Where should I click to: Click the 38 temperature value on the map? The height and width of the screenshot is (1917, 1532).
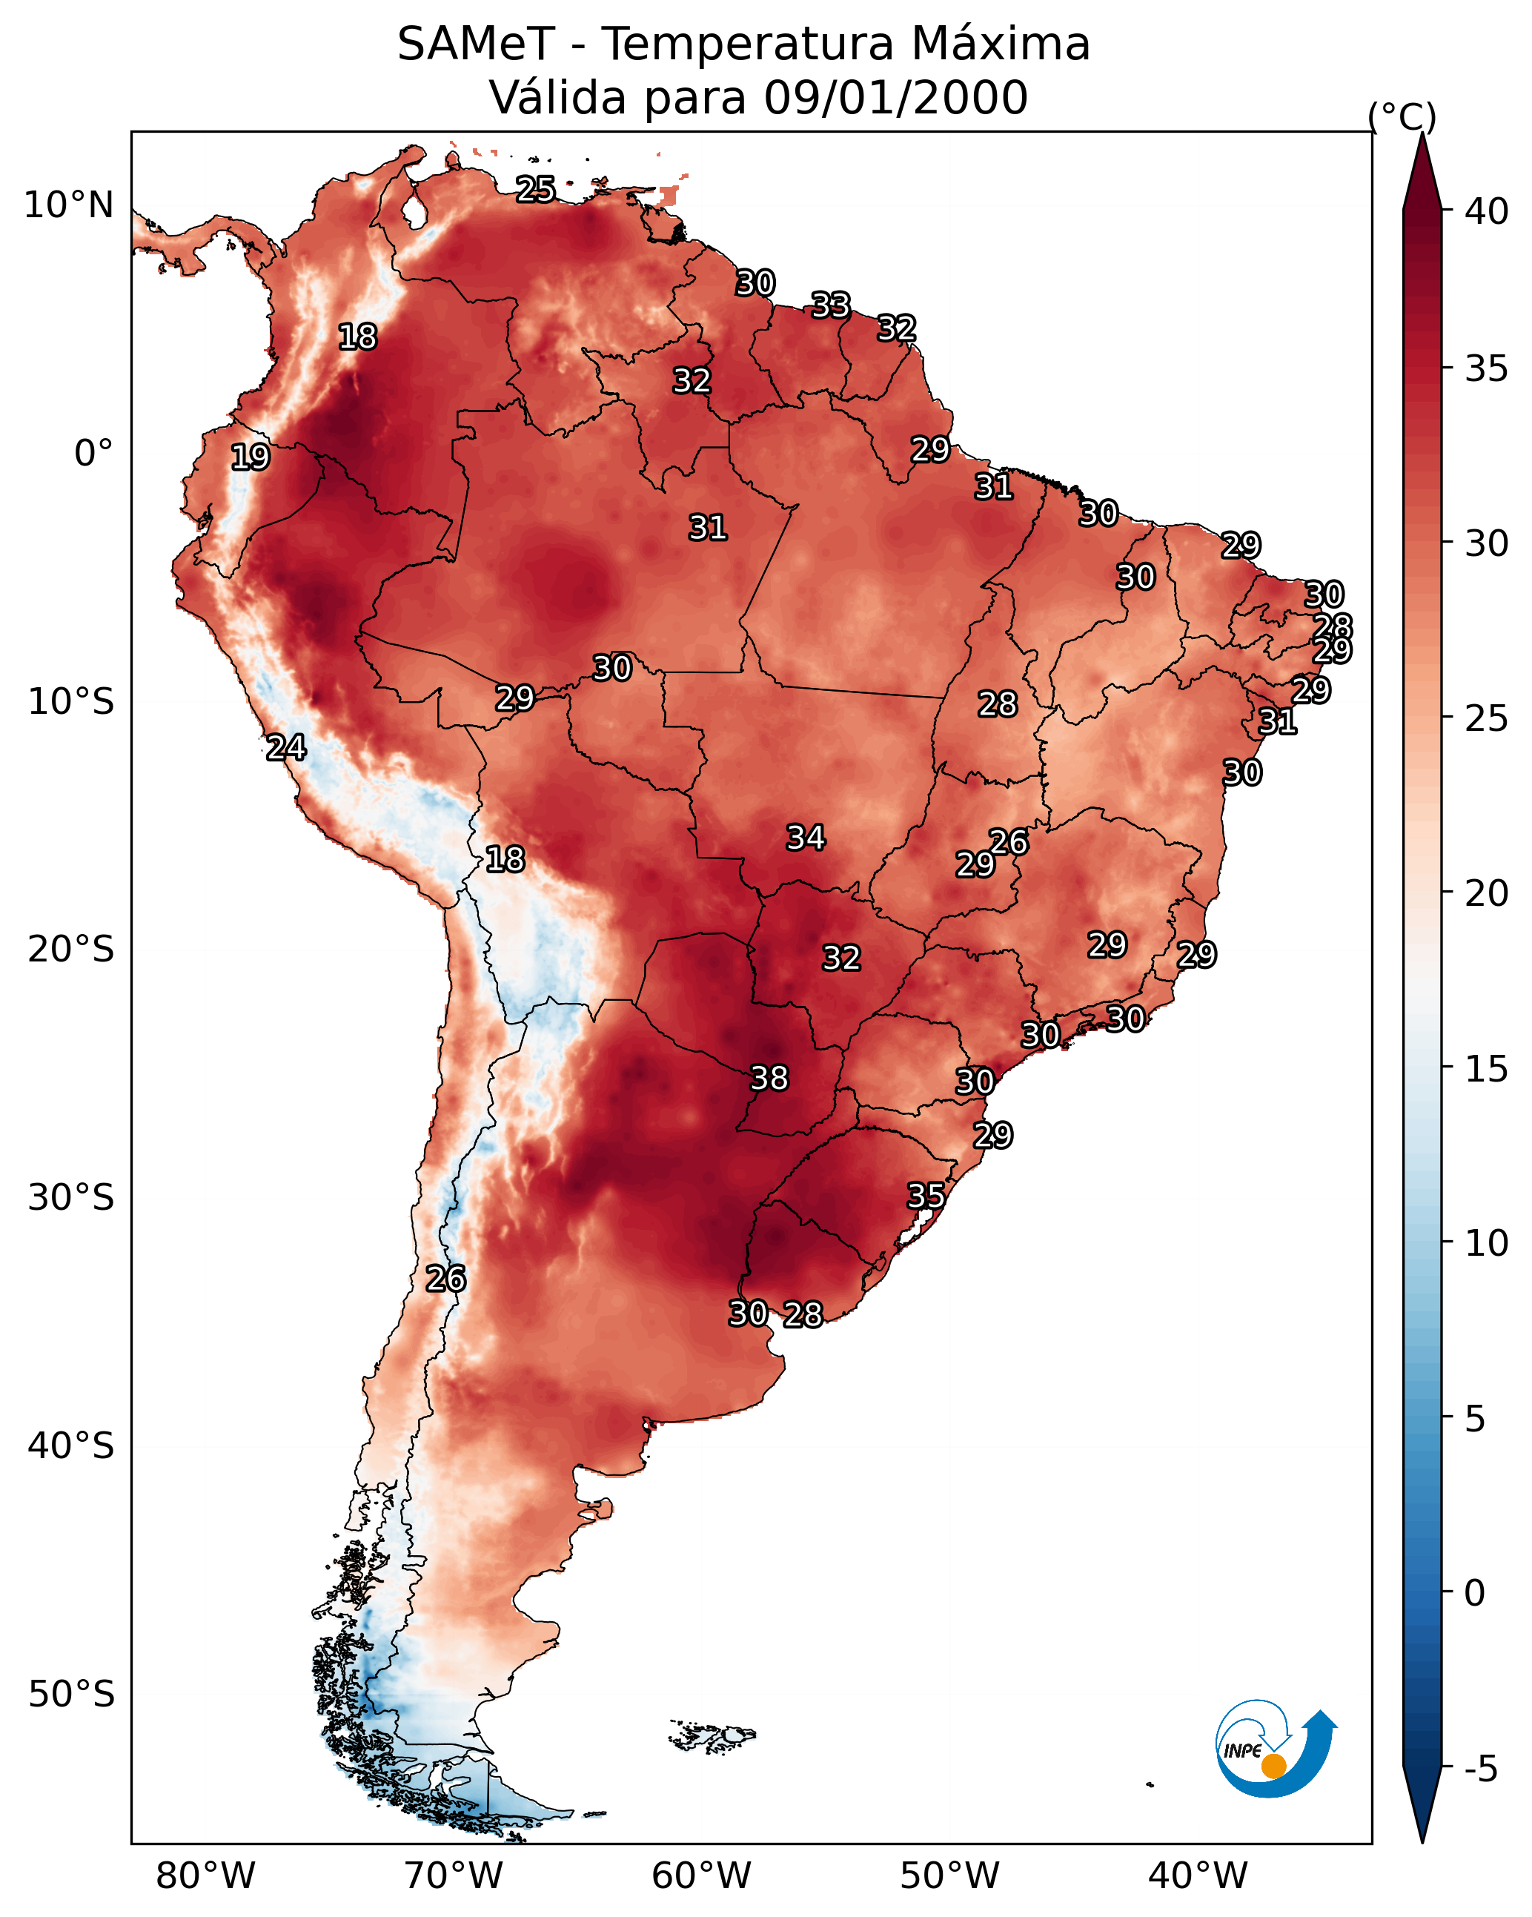coord(769,1079)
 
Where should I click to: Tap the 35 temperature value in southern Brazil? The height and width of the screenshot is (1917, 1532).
coord(926,1196)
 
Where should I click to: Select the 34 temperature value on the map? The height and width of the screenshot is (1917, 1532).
coord(806,838)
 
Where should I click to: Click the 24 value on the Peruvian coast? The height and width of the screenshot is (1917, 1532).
coord(286,748)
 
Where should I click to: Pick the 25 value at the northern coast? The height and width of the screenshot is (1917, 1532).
coord(535,189)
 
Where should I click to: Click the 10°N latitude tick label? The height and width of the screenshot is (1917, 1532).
coord(68,205)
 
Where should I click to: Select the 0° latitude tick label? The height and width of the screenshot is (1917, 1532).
coord(93,454)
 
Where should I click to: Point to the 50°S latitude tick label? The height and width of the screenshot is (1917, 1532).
coord(71,1695)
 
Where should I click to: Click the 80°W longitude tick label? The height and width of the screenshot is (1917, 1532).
coord(205,1875)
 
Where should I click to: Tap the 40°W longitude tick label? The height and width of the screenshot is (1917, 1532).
coord(1198,1875)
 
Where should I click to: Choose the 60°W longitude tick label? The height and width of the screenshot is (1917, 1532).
coord(702,1875)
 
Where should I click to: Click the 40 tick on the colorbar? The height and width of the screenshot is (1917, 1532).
coord(1487,211)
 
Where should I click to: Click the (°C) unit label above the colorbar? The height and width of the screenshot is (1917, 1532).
coord(1402,116)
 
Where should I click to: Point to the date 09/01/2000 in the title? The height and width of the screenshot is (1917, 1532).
coord(895,98)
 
